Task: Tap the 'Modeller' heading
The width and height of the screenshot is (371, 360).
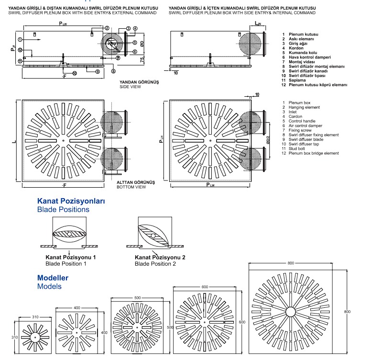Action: (53, 278)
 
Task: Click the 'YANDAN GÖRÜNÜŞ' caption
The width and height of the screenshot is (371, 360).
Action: (139, 82)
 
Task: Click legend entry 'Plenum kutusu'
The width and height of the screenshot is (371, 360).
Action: (304, 34)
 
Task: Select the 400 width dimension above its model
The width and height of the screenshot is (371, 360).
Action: (77, 308)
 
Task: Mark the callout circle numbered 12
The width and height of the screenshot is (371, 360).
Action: (20, 50)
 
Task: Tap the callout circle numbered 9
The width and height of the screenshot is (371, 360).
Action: (97, 71)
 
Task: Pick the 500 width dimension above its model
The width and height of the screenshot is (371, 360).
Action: (138, 298)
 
